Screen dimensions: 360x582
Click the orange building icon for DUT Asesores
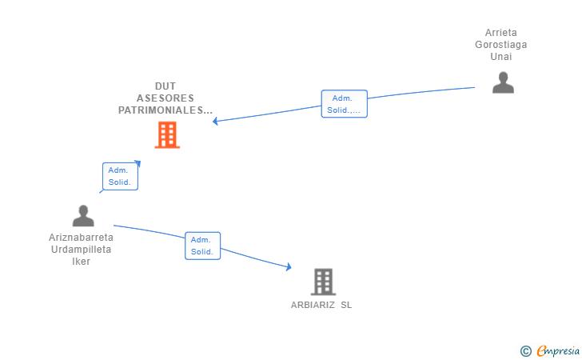pos(167,135)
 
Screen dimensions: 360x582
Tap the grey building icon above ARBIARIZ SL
pos(322,282)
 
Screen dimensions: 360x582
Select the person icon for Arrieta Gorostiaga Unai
pos(503,82)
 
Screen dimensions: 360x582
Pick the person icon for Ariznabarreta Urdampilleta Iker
pos(83,216)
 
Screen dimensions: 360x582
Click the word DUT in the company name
pos(166,86)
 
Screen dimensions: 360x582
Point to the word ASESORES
pos(165,98)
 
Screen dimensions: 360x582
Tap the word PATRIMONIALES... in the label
pos(165,110)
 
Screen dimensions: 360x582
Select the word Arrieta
pos(501,33)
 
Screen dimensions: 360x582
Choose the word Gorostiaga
pos(501,45)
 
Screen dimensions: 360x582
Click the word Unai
pos(501,57)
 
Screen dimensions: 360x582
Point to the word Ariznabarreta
pos(81,238)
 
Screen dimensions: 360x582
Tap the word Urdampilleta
pos(81,250)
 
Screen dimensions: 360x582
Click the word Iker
pos(81,262)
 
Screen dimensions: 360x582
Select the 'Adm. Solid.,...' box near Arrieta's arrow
pos(344,104)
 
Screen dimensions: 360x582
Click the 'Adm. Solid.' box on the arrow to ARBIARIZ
pos(202,246)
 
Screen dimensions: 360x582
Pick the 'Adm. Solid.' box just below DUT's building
pos(121,176)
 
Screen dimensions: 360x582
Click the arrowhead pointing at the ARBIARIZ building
pos(288,268)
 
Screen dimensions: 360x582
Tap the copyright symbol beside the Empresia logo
pos(525,350)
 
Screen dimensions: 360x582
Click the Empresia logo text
pos(558,350)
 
